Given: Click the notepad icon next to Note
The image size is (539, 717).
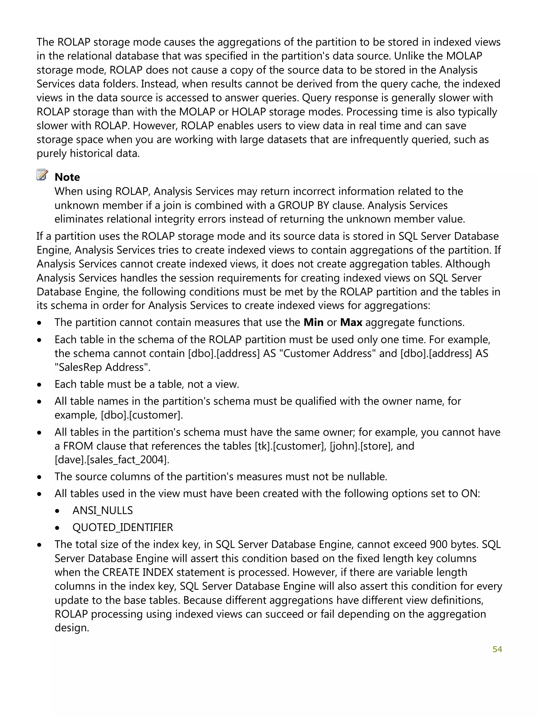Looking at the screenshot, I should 42,175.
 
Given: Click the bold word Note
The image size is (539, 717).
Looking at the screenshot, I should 67,177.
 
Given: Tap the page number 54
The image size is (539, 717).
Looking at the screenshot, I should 497,649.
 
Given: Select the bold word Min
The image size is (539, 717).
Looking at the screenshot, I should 313,322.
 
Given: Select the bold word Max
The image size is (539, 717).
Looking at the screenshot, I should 351,322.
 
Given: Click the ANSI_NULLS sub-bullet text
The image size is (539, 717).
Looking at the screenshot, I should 102,511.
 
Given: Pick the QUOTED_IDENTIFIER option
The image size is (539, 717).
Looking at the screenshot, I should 123,527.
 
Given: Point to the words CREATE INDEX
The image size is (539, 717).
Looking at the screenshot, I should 138,572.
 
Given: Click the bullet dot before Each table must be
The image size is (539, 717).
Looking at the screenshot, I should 39,385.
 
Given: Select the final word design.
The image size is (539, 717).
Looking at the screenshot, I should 71,628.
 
